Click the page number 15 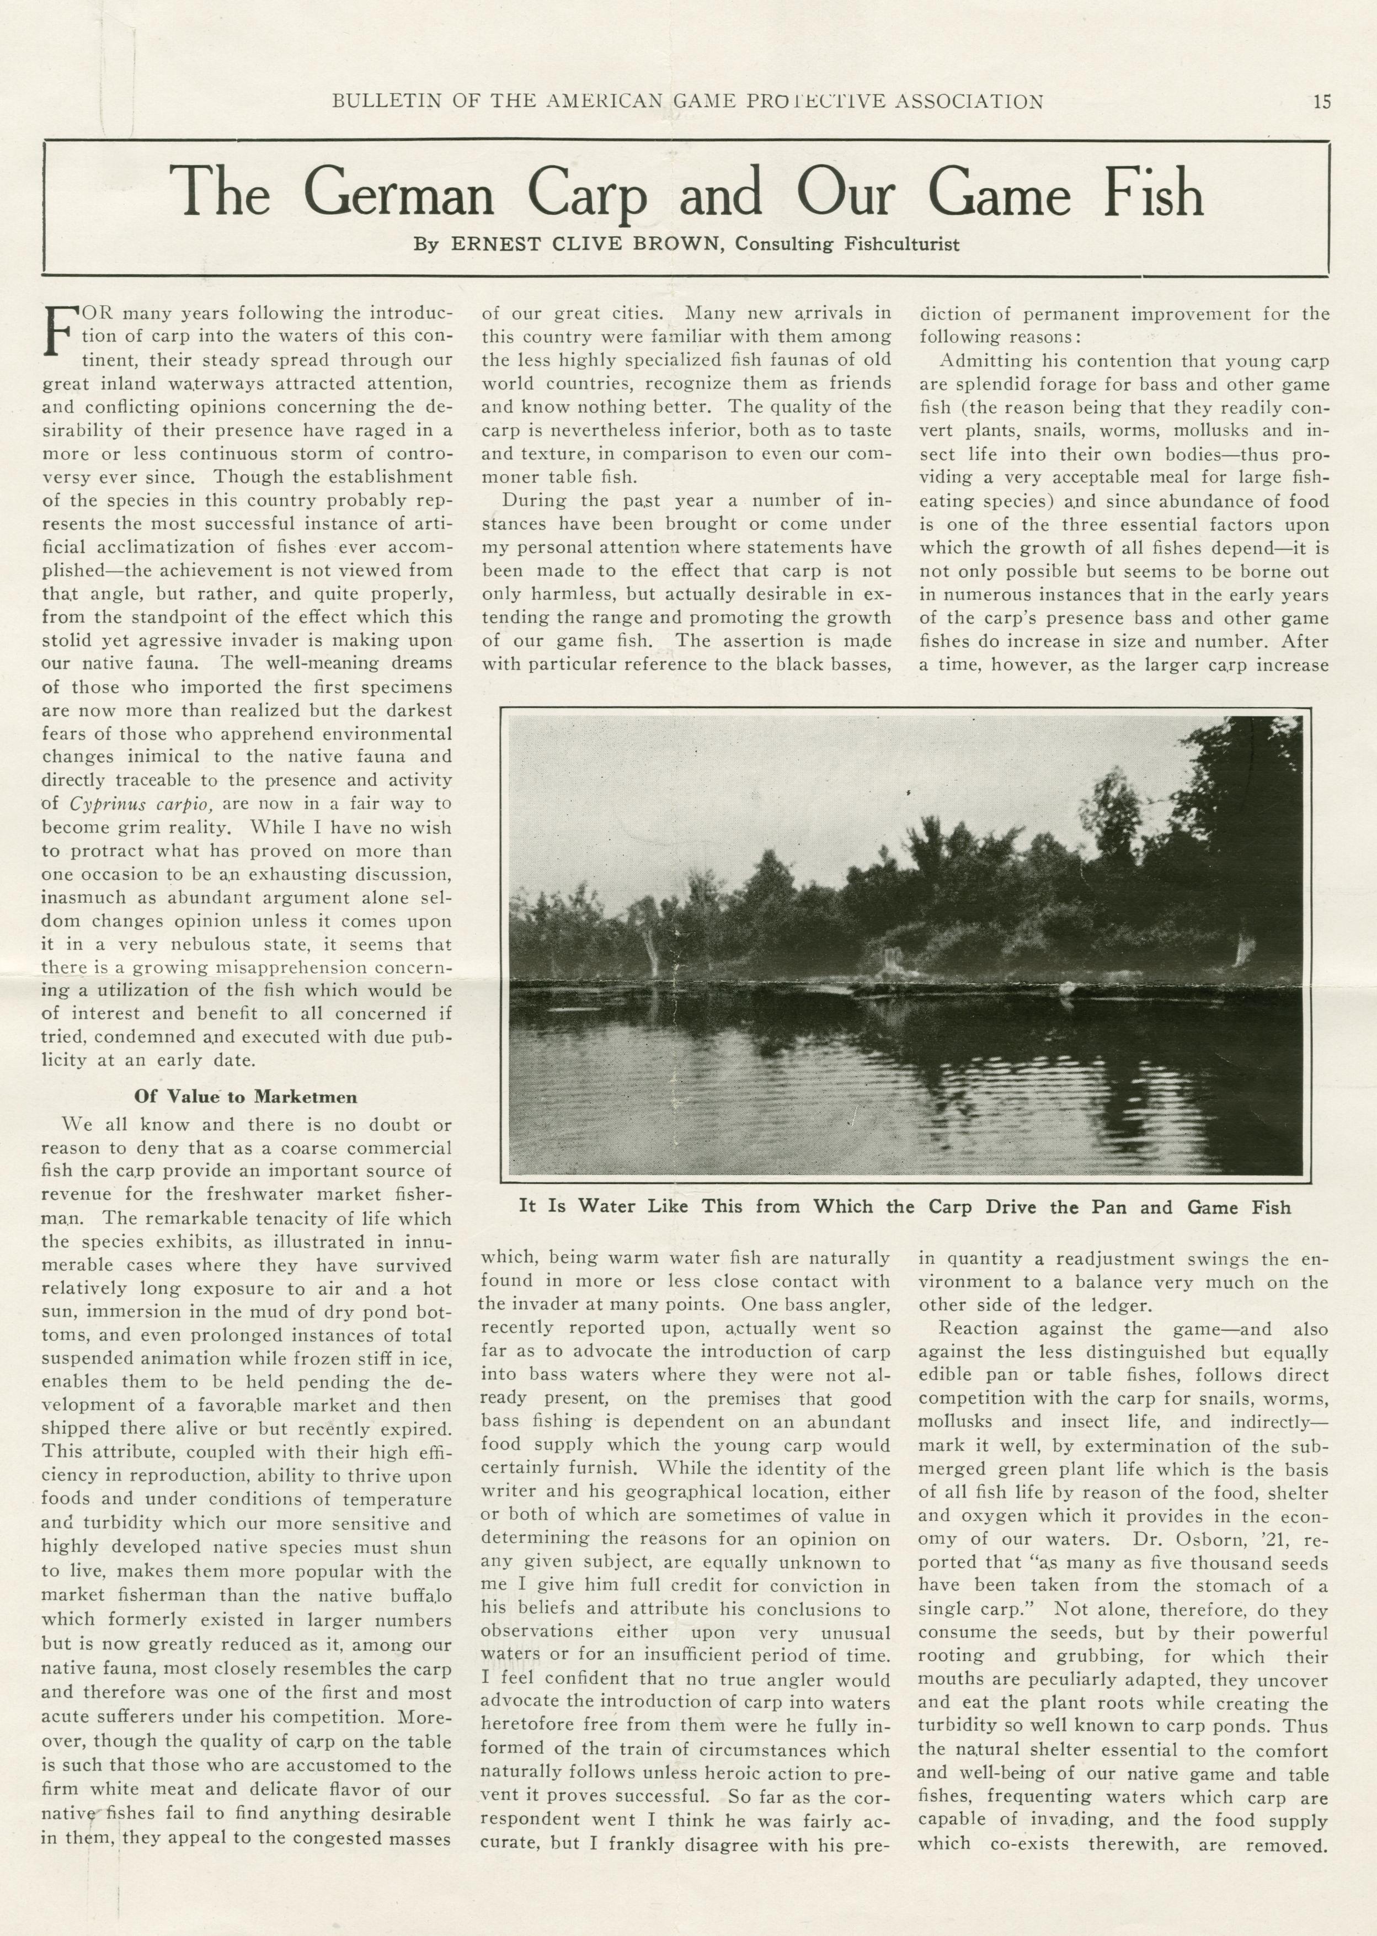tap(1322, 102)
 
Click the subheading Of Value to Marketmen tap(246, 1097)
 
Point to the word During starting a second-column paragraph tap(534, 501)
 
